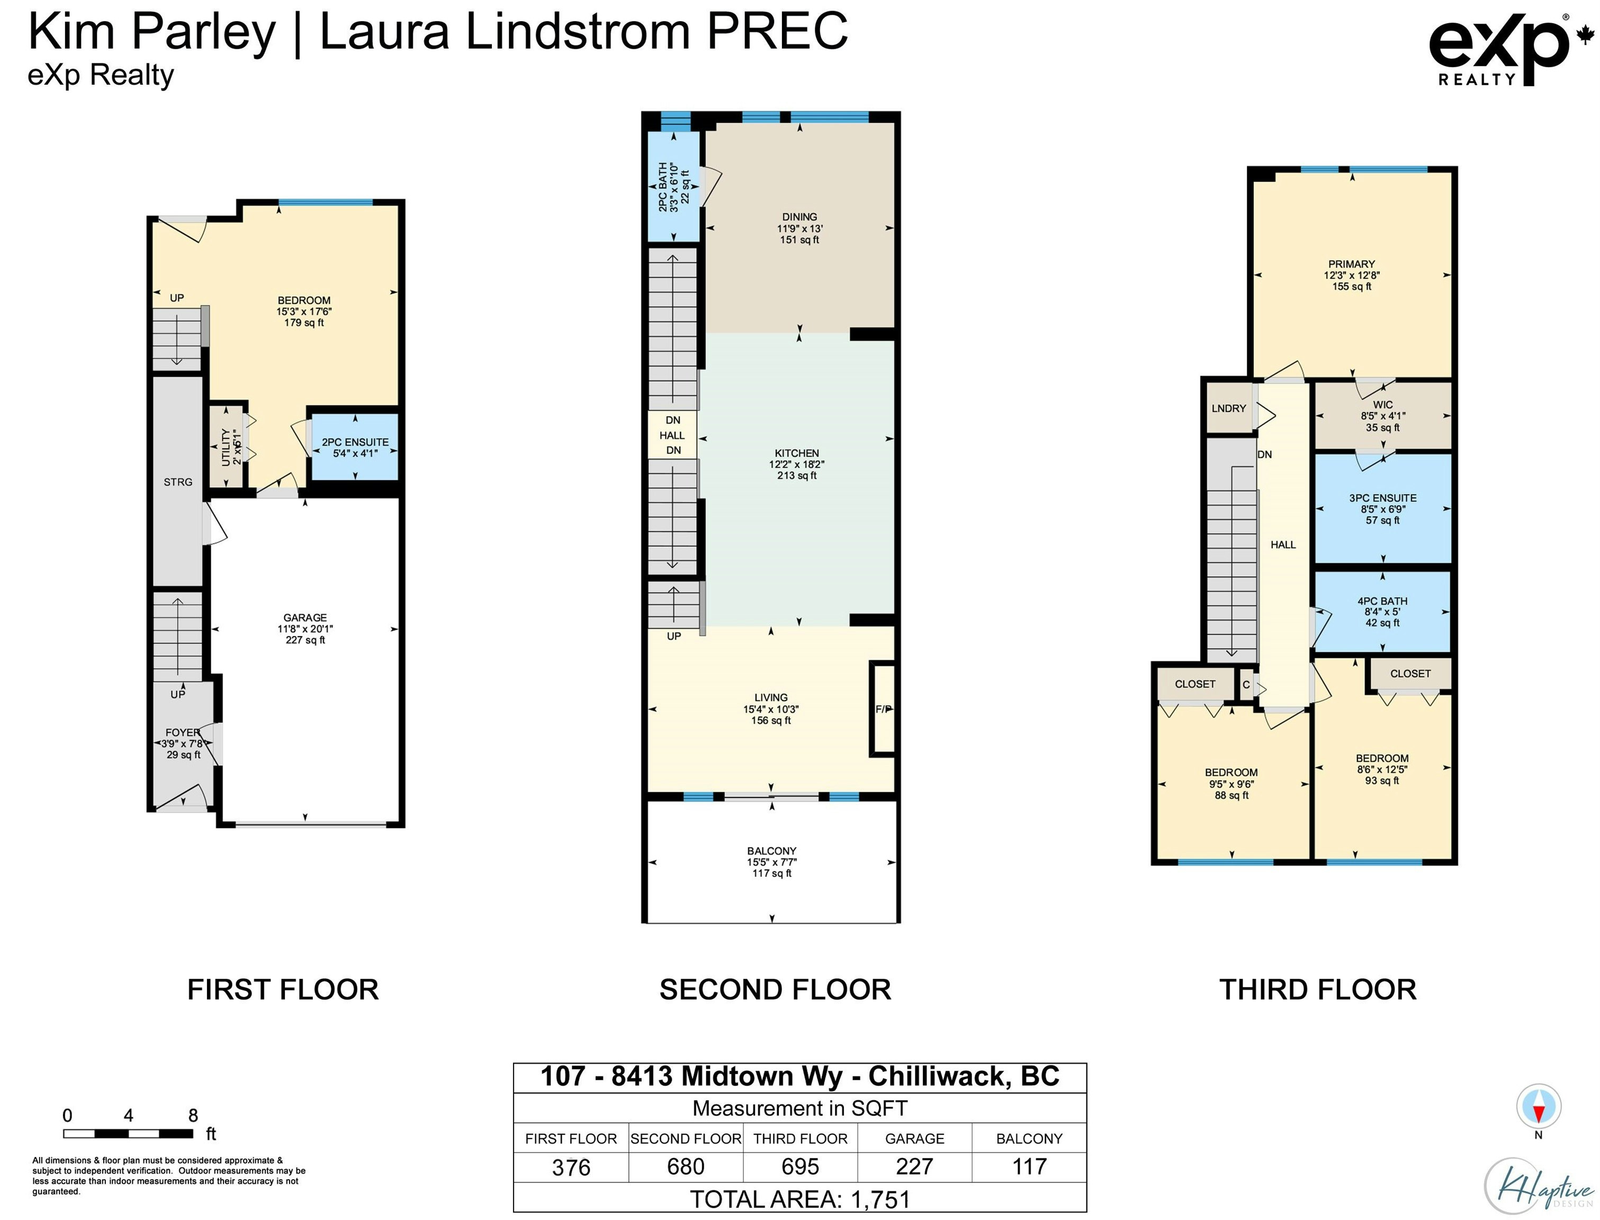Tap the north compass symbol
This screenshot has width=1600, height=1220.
click(x=1538, y=1111)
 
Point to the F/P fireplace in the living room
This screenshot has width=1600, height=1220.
click(x=883, y=709)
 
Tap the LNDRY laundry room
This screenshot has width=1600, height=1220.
click(x=1228, y=408)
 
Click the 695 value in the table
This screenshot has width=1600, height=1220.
click(x=800, y=1167)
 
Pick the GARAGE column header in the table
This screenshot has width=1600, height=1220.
click(x=915, y=1138)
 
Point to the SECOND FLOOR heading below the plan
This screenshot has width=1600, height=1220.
click(x=775, y=990)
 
